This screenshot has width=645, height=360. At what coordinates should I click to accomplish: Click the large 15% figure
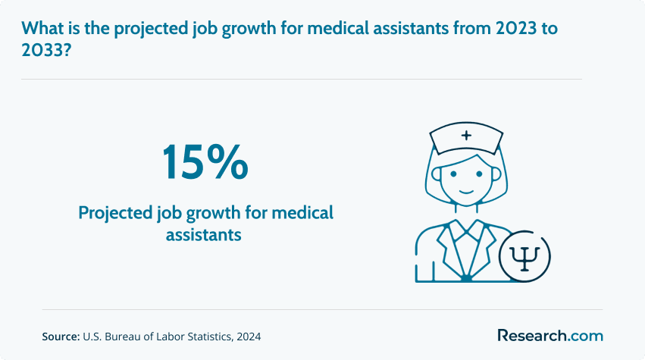(x=205, y=162)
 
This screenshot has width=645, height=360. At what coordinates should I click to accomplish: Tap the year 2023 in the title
(x=516, y=28)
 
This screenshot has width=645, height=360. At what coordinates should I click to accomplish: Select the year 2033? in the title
(x=46, y=50)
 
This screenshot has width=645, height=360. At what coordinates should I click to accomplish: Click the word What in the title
(x=42, y=28)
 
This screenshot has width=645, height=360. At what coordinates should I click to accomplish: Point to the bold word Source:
(x=61, y=337)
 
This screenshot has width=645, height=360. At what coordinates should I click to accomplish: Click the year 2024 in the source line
(x=249, y=337)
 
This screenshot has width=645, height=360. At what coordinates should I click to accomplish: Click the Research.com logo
(x=550, y=335)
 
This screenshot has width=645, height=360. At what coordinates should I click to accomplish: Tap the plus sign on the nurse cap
(x=466, y=135)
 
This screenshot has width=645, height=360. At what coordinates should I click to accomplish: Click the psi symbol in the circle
(x=524, y=258)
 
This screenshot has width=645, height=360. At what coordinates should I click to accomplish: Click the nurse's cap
(x=466, y=138)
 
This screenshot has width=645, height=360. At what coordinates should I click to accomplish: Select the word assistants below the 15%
(x=204, y=235)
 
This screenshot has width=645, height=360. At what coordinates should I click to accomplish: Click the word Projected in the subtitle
(x=116, y=214)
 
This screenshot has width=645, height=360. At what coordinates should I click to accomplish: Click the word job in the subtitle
(x=170, y=214)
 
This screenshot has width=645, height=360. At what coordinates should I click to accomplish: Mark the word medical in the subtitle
(x=302, y=213)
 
